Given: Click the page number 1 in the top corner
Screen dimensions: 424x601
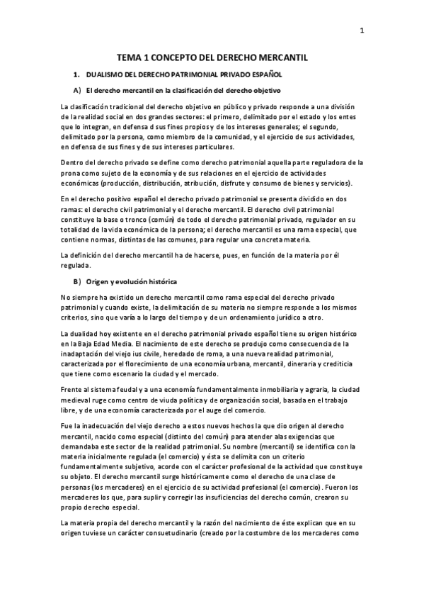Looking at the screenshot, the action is click(361, 30).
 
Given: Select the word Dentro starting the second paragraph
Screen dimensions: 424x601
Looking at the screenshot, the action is click(73, 162).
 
